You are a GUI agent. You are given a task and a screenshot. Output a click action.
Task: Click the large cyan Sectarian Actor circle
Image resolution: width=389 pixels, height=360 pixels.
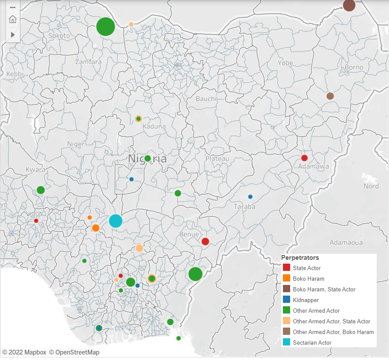tap(115, 221)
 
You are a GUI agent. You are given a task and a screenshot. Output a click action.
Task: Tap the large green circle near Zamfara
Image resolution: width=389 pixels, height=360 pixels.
tap(106, 27)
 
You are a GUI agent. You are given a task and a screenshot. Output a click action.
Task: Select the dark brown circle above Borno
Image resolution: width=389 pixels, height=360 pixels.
tap(349, 5)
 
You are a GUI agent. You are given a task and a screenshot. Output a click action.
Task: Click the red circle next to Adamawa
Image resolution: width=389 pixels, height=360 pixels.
tap(304, 158)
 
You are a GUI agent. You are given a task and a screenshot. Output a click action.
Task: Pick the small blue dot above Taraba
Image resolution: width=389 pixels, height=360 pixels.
tap(250, 197)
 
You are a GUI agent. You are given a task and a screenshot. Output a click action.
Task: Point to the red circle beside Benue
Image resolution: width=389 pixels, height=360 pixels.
tap(205, 242)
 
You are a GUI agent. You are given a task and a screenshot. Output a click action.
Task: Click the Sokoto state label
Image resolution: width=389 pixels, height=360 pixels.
tap(59, 36)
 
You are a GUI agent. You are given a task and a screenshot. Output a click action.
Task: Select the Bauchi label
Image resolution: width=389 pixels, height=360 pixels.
tap(206, 99)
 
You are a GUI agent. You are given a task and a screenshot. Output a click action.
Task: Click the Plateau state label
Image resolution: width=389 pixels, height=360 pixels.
tap(217, 158)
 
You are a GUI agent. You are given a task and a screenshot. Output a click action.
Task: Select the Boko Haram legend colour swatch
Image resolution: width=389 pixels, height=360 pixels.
tap(287, 279)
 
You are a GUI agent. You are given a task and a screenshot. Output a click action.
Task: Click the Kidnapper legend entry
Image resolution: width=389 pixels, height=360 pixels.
tap(305, 300)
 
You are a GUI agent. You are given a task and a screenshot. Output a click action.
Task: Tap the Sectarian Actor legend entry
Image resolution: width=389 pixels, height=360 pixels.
tap(312, 343)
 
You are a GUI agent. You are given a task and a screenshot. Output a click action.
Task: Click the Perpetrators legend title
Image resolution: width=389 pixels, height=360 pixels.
tap(300, 258)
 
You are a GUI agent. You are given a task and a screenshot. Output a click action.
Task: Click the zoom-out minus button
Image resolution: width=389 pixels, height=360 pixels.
tap(12, 7)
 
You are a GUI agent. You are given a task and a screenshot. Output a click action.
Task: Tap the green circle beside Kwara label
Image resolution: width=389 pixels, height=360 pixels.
tap(40, 190)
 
